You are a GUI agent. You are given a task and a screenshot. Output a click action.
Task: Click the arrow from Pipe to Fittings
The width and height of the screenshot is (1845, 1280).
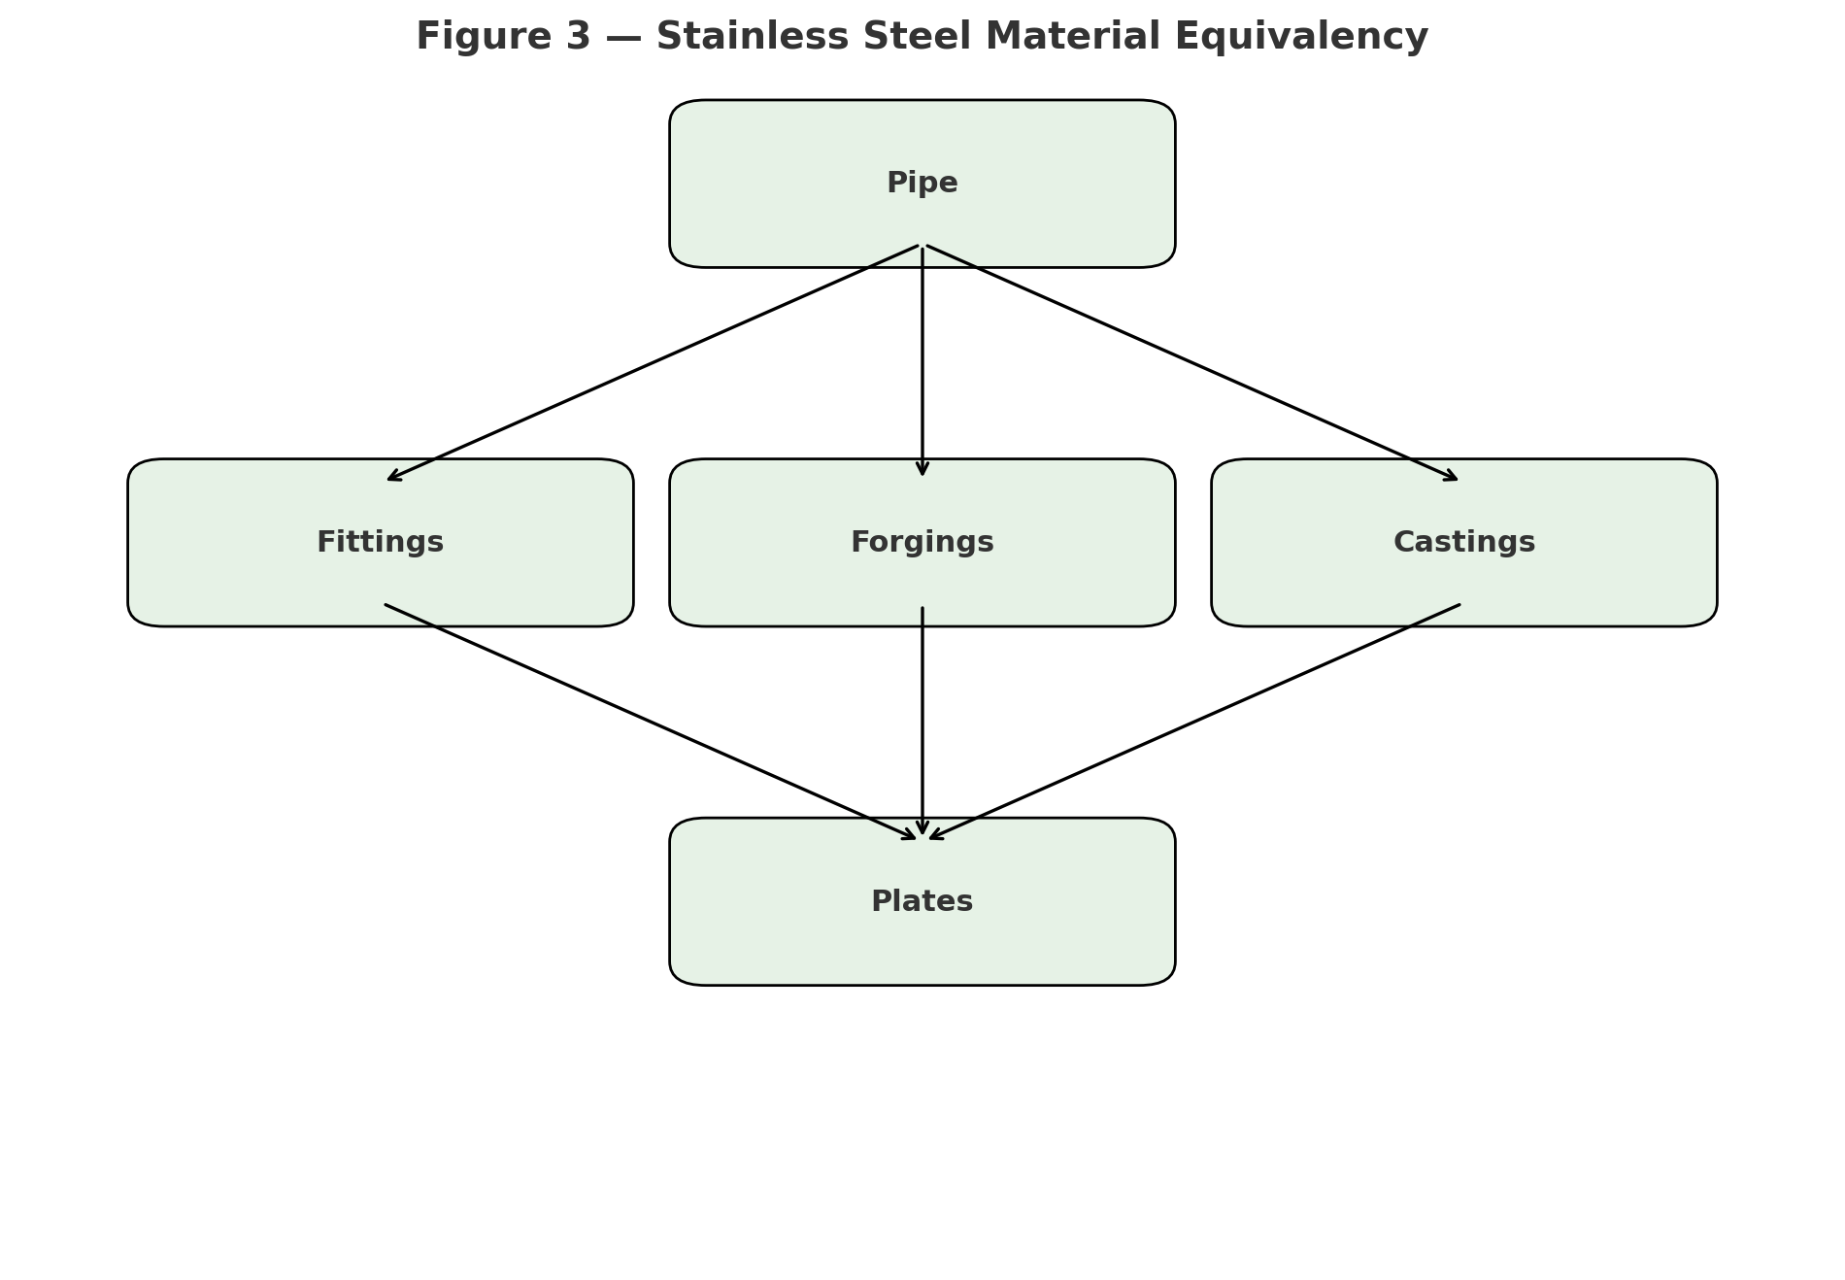click(x=653, y=363)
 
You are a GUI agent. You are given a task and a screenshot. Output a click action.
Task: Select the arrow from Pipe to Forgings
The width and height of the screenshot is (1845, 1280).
click(x=922, y=361)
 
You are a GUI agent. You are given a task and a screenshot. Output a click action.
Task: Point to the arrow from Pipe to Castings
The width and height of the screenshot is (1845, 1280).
click(x=1192, y=363)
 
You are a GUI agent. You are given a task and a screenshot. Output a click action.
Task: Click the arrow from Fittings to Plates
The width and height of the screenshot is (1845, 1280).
click(x=651, y=722)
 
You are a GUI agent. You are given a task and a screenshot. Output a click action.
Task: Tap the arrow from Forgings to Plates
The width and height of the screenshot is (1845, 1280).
click(x=922, y=721)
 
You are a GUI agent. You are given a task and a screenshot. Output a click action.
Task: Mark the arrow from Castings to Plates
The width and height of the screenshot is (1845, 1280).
click(x=1194, y=722)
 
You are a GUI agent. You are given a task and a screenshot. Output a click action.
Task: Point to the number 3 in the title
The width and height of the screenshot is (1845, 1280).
click(x=578, y=37)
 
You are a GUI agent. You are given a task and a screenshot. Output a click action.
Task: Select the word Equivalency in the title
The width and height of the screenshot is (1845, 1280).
click(x=1301, y=37)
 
